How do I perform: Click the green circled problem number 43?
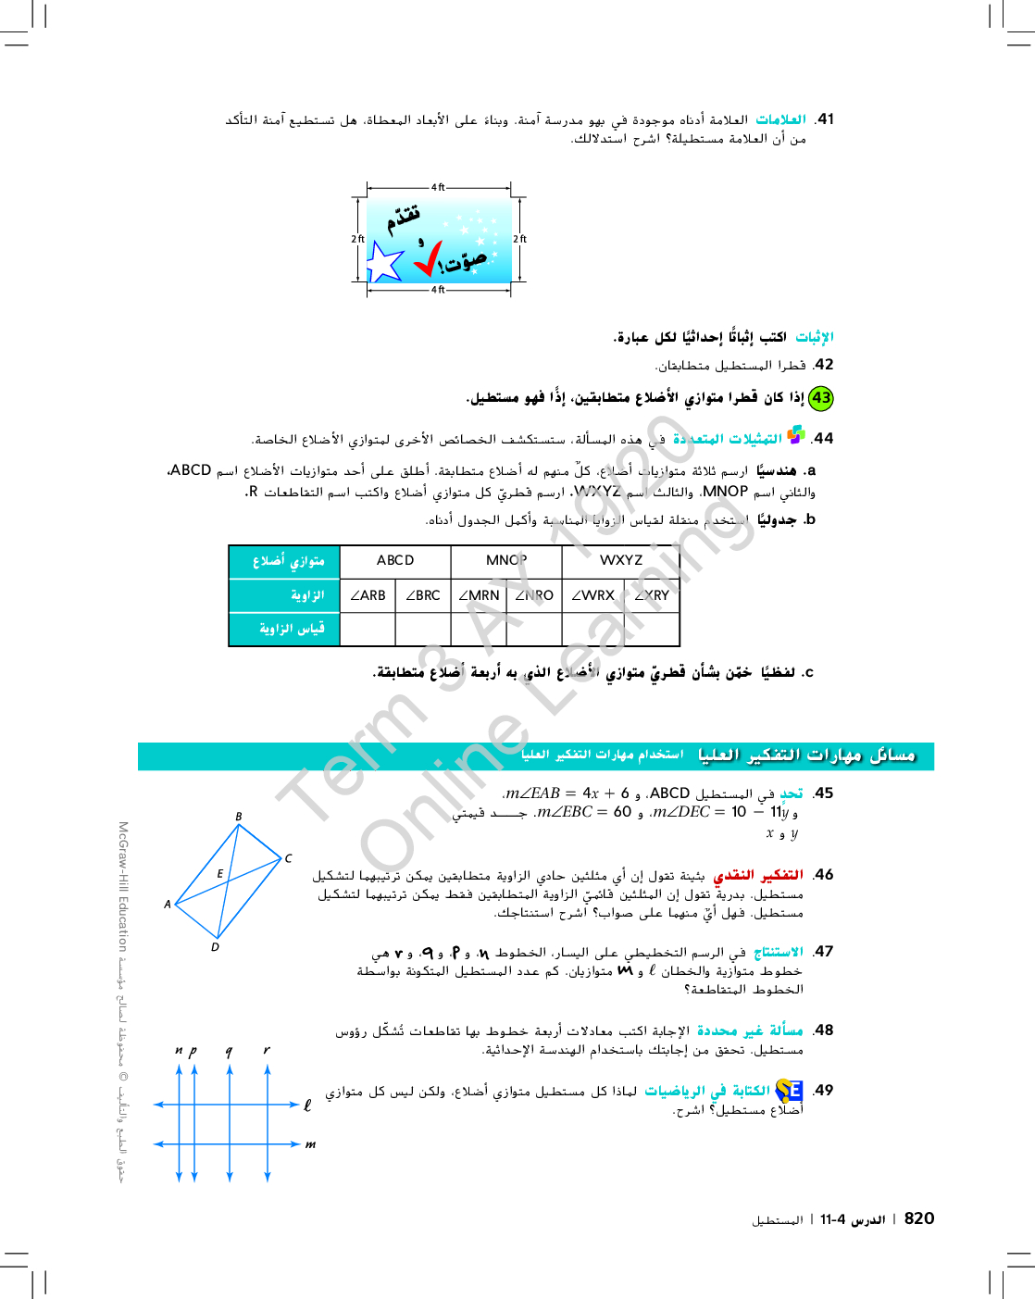(x=820, y=398)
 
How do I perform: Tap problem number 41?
(x=824, y=119)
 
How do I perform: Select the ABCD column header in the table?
(x=395, y=560)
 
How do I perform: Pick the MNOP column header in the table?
(x=506, y=560)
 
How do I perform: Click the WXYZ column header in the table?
(x=620, y=560)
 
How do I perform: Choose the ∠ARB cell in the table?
(x=368, y=595)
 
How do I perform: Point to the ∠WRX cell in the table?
(x=592, y=595)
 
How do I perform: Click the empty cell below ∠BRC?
(x=423, y=629)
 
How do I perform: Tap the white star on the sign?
(x=383, y=262)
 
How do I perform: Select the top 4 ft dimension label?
(x=438, y=188)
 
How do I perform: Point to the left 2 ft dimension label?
(x=357, y=239)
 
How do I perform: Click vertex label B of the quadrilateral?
(x=238, y=817)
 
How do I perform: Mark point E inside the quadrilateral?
(x=219, y=873)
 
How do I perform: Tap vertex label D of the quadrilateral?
(x=215, y=947)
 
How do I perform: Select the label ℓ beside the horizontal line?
(x=307, y=1105)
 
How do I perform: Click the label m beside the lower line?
(x=310, y=1144)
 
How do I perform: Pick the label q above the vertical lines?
(x=229, y=1051)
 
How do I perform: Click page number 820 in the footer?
(x=918, y=1218)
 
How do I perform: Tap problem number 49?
(x=824, y=1091)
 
